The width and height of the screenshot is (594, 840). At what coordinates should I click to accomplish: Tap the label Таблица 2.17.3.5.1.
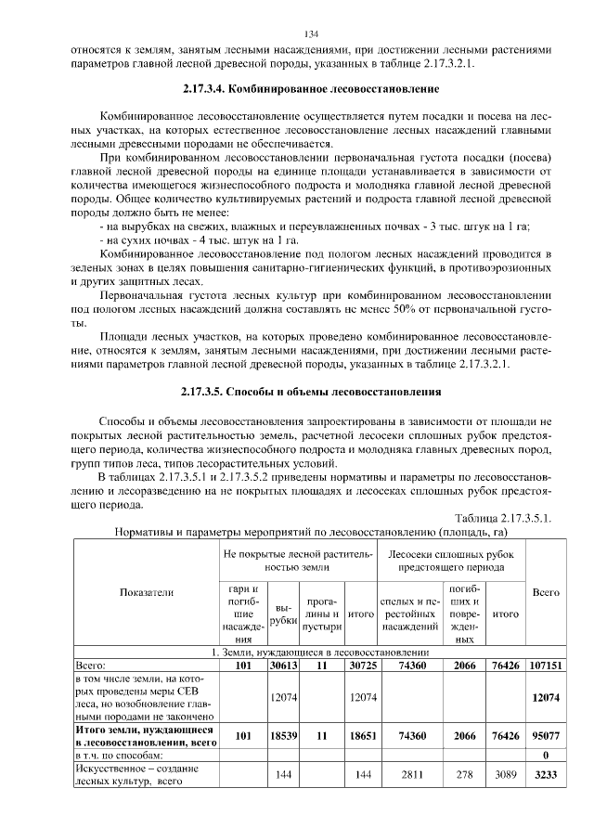click(x=503, y=518)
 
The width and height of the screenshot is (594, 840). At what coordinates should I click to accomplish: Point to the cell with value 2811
click(x=409, y=772)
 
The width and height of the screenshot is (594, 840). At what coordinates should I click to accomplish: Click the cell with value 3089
click(x=504, y=772)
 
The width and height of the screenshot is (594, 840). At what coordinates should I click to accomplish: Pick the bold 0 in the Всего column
click(x=545, y=755)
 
